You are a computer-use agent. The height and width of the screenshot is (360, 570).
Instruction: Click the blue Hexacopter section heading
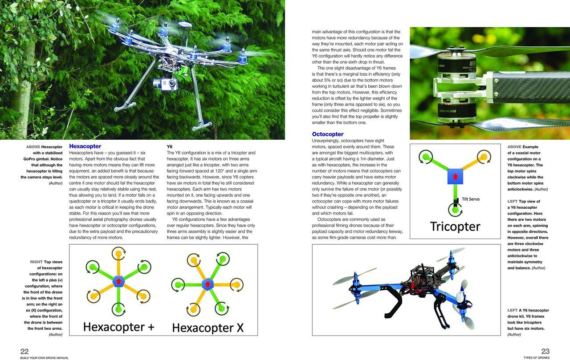(x=85, y=146)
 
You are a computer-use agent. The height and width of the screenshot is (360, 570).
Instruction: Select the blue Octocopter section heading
(x=328, y=134)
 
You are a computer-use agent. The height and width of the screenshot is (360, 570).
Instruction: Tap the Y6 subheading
(x=170, y=146)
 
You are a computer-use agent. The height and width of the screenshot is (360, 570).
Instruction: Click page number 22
(x=24, y=351)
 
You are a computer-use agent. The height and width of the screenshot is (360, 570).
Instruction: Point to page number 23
(x=545, y=351)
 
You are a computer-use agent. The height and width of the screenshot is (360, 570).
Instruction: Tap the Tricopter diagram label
(x=455, y=226)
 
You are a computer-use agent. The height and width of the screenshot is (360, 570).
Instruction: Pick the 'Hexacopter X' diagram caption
(x=208, y=328)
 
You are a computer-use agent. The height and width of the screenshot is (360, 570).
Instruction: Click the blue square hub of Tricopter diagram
(x=456, y=177)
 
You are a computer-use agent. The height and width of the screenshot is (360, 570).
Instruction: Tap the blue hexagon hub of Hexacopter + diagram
(x=118, y=281)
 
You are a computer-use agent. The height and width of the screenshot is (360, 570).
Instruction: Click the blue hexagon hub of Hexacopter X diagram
(x=207, y=283)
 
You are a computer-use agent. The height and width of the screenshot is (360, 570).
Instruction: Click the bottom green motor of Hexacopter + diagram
(x=118, y=307)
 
